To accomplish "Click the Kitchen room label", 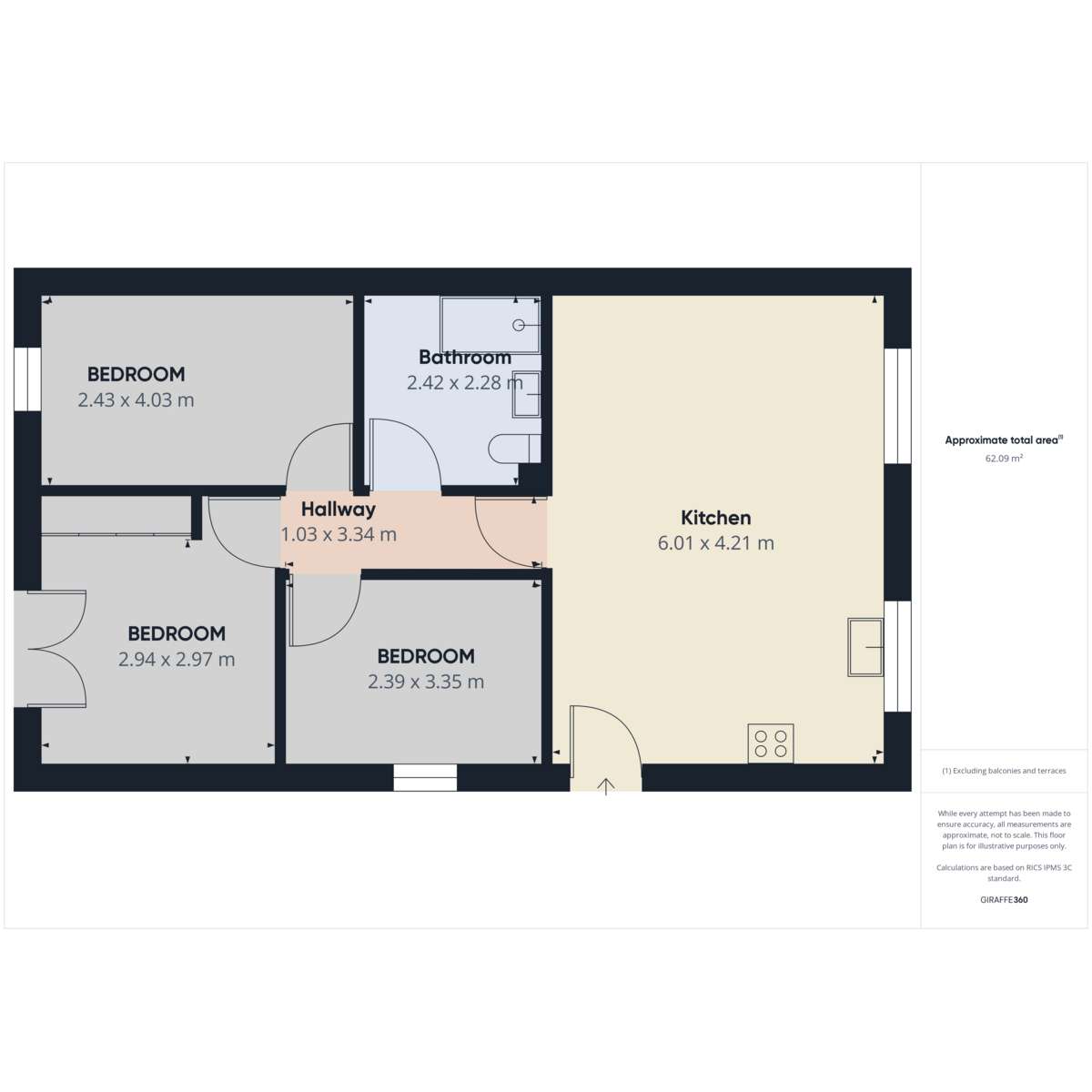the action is click(x=715, y=518).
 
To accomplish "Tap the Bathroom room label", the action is click(x=465, y=358).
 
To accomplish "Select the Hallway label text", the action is click(x=338, y=509).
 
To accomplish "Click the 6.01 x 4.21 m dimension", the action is click(x=715, y=543).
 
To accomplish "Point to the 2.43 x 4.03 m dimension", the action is click(x=136, y=400).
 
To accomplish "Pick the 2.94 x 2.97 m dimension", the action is click(x=177, y=659).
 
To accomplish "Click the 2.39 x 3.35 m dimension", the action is click(x=426, y=682).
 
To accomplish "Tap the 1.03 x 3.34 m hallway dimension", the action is click(x=339, y=534).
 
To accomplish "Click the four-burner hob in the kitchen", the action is click(x=771, y=743).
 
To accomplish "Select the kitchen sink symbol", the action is click(x=865, y=647).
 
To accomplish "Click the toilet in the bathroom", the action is click(x=514, y=449).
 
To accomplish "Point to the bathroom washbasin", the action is click(x=527, y=394).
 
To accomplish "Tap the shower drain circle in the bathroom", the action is click(x=518, y=325).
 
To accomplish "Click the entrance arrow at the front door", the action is click(x=606, y=786).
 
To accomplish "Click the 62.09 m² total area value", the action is click(x=1004, y=459).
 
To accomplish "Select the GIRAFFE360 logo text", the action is click(x=1004, y=899).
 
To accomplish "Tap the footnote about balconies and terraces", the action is click(x=1004, y=771).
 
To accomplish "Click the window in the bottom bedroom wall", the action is click(x=425, y=777).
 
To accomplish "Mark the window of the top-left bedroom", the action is click(x=27, y=379).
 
